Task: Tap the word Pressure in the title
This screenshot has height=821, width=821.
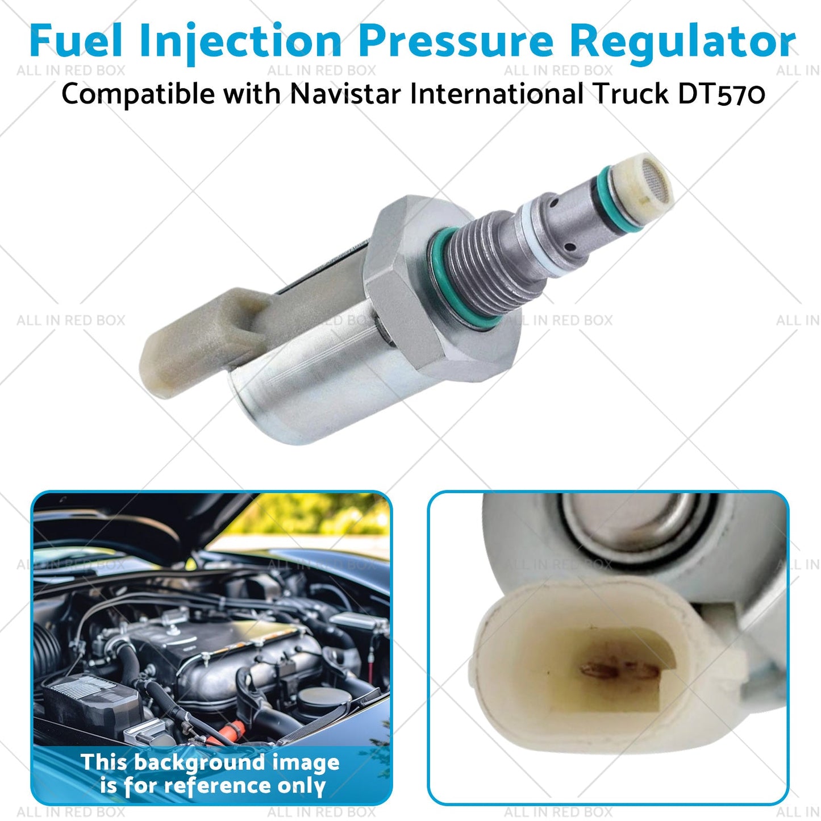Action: click(x=456, y=41)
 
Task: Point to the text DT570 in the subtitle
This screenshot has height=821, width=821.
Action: click(x=722, y=94)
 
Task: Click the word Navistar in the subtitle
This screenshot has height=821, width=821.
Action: click(x=345, y=94)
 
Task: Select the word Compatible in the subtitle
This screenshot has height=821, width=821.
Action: click(x=139, y=94)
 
